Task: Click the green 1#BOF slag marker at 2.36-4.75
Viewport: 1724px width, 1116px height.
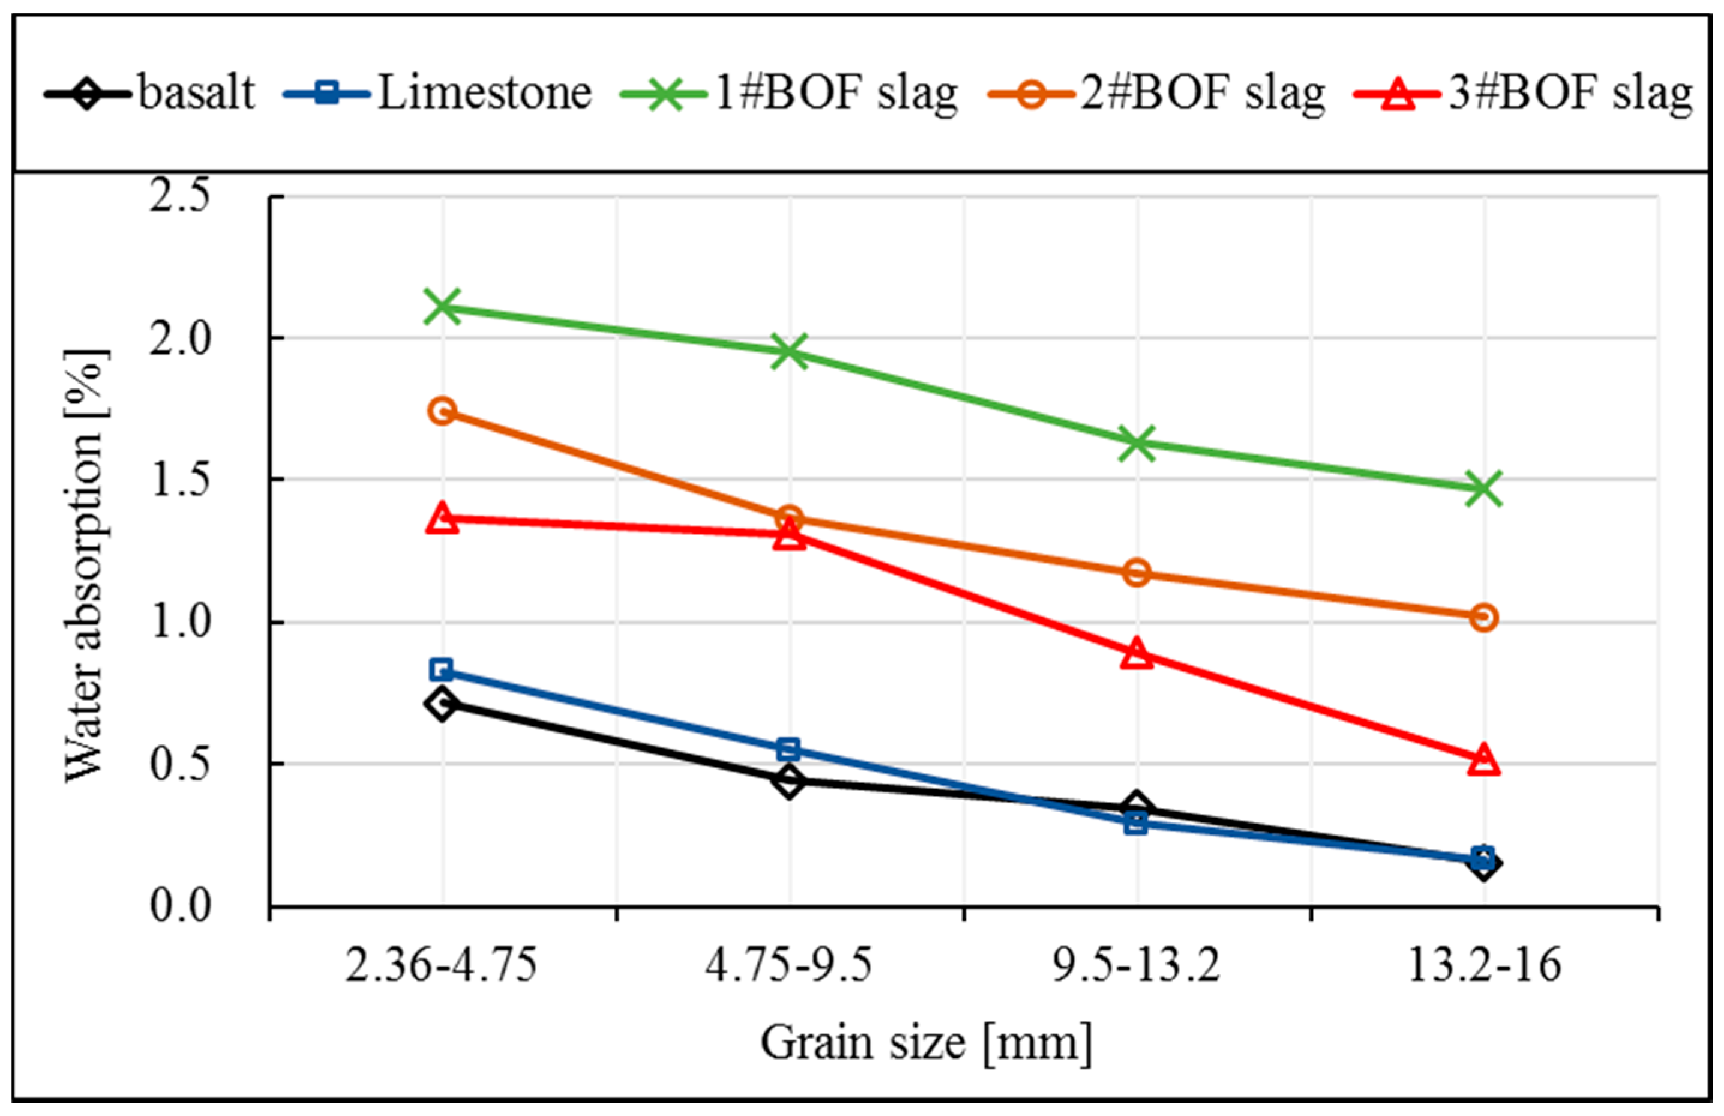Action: click(443, 307)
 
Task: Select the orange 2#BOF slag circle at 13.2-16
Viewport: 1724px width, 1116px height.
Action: click(1483, 617)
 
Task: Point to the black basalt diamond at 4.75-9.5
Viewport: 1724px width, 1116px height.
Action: click(790, 780)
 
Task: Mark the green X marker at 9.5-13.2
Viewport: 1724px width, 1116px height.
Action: click(1137, 443)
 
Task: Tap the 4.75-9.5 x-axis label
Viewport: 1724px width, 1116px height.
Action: click(789, 966)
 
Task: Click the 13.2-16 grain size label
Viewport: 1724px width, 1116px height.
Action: click(1483, 966)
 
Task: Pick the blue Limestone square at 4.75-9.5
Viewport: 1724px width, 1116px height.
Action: click(789, 749)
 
